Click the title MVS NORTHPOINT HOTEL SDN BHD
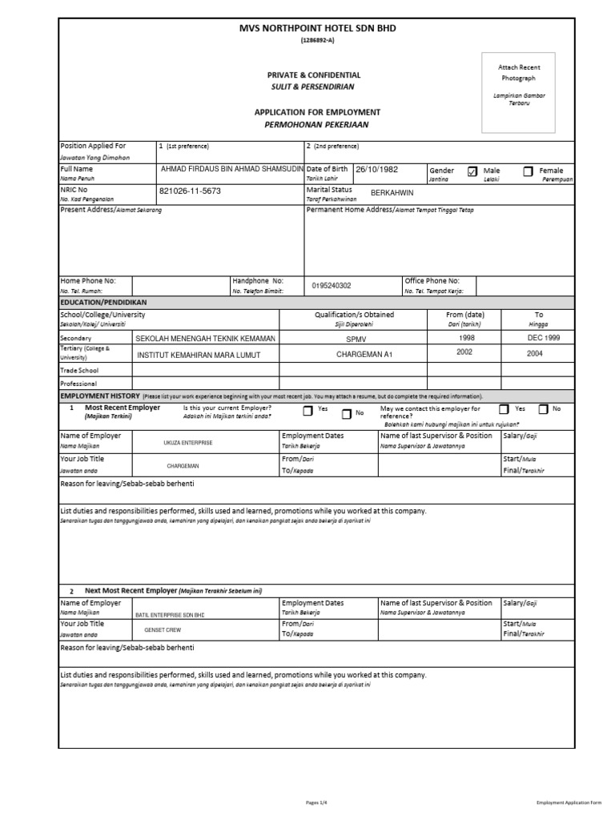[317, 29]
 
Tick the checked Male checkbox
[472, 171]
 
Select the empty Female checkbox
[528, 171]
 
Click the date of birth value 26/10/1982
[376, 170]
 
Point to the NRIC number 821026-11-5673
[190, 192]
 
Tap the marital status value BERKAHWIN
[392, 193]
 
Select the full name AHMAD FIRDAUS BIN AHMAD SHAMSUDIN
[231, 170]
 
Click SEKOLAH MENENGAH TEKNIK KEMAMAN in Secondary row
[206, 339]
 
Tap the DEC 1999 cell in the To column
[538, 338]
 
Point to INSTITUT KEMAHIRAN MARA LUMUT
[199, 355]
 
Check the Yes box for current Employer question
[308, 411]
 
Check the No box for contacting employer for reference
[543, 409]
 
